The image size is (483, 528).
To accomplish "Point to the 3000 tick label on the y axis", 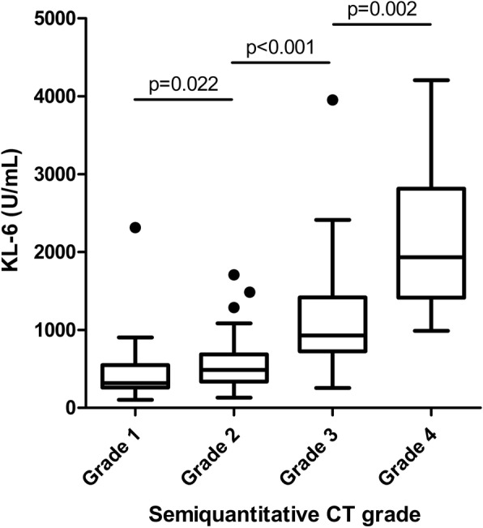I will (x=48, y=174).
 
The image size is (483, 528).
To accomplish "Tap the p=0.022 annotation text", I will (x=182, y=84).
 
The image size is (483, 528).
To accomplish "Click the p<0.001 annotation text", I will (x=280, y=46).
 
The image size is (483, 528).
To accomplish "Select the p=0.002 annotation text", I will (x=381, y=9).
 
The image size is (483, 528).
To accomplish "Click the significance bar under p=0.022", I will (x=182, y=100).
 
